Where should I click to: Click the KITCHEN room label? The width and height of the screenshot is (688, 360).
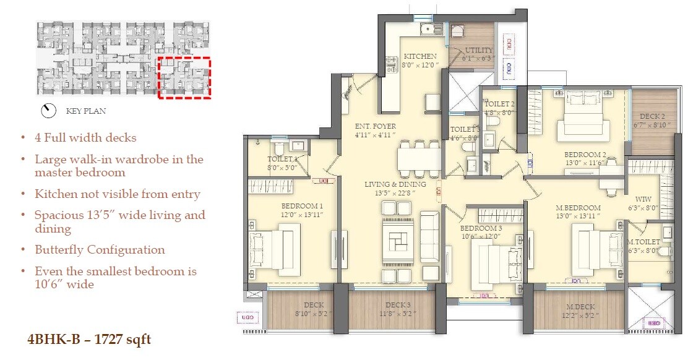click(x=420, y=56)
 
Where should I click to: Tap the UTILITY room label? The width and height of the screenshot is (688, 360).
click(x=479, y=50)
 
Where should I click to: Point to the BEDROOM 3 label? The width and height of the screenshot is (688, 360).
click(x=481, y=228)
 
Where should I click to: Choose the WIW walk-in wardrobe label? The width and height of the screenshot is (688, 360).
click(x=643, y=200)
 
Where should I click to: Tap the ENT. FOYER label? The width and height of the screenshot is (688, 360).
click(x=376, y=126)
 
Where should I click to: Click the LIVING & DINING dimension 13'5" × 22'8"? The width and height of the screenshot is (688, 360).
click(x=395, y=192)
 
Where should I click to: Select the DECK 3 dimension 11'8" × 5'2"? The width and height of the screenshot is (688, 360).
click(x=398, y=314)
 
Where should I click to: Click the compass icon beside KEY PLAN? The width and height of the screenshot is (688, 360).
click(x=48, y=111)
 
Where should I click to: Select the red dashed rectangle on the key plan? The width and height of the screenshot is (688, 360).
click(x=184, y=77)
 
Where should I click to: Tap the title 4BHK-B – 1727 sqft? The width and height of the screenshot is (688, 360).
click(x=88, y=339)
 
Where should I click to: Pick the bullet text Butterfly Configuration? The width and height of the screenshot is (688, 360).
click(x=100, y=250)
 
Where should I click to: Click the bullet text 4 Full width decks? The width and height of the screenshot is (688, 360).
click(x=85, y=138)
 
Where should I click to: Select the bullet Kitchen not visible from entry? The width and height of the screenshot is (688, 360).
click(x=117, y=194)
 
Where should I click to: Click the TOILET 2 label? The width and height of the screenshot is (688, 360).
click(x=499, y=104)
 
